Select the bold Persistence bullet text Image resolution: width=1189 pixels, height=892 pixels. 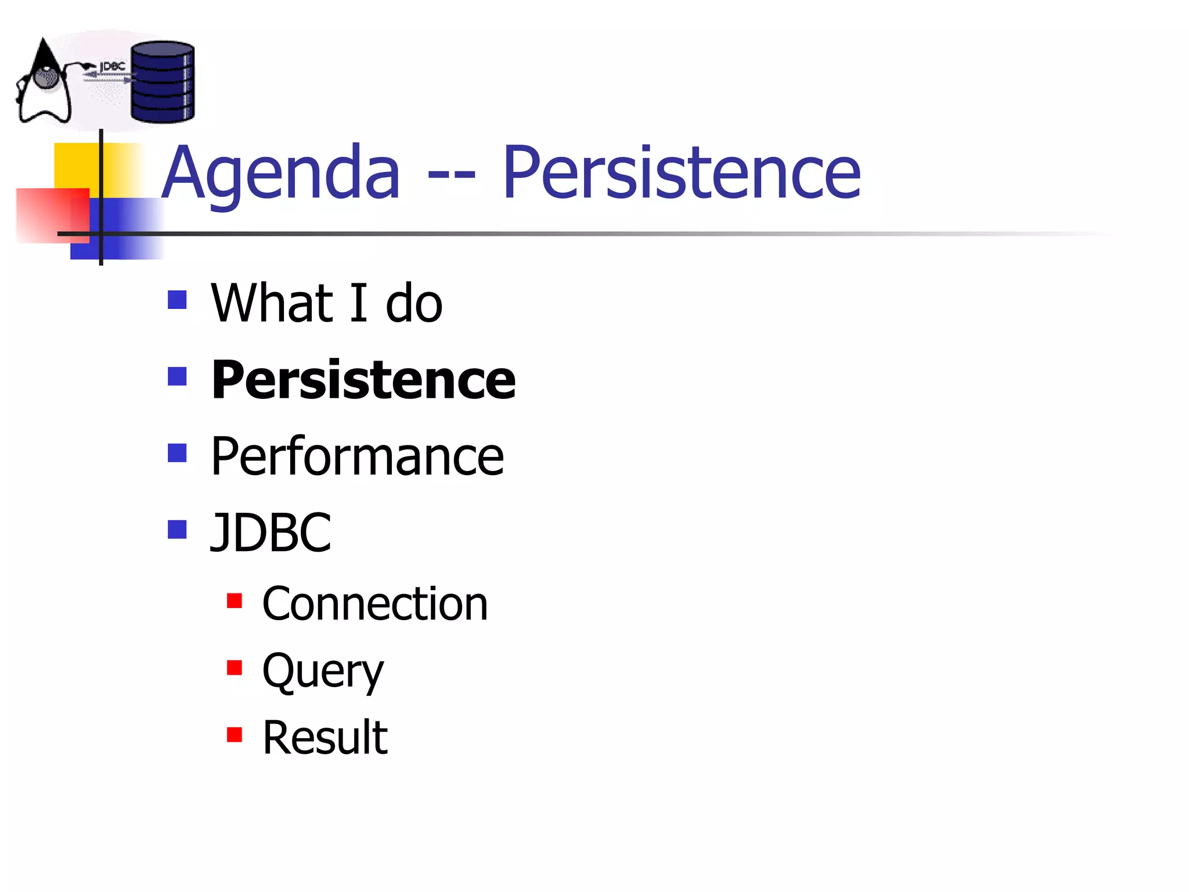click(363, 380)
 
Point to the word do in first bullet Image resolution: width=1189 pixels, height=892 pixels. click(413, 304)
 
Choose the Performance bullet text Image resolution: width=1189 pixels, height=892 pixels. click(357, 457)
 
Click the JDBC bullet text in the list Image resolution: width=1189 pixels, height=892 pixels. click(271, 533)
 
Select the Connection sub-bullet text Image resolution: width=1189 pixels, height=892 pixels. click(374, 605)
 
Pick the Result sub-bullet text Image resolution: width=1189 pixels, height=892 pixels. click(325, 738)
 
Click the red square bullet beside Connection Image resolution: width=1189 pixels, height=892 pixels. click(235, 601)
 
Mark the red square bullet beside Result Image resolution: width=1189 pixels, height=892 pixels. click(235, 735)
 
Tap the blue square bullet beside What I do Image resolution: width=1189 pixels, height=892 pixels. click(177, 300)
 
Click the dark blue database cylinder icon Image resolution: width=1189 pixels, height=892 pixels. click(163, 82)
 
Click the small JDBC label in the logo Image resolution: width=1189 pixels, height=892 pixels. click(113, 67)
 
